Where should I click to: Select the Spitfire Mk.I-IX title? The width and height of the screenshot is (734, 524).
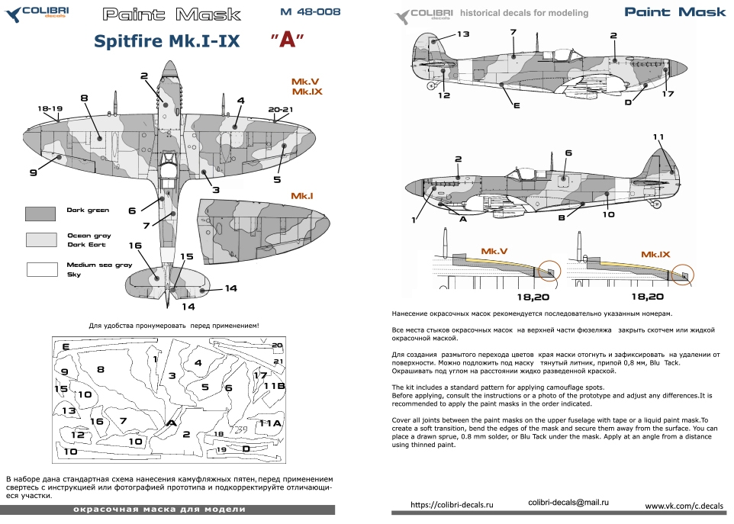167,42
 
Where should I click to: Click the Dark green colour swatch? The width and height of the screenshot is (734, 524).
40,214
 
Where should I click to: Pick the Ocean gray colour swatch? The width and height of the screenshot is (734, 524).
40,240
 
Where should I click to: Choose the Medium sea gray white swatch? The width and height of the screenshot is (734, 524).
40,268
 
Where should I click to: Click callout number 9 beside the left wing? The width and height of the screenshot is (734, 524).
34,173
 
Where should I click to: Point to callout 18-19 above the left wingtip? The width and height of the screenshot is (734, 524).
50,110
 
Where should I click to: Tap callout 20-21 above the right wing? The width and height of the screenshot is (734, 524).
281,110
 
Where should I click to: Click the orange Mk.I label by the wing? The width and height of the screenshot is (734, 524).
302,196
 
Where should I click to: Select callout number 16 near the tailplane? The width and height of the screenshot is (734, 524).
136,246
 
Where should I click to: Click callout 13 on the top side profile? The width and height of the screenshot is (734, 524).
463,34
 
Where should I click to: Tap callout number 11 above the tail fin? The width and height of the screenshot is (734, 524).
658,137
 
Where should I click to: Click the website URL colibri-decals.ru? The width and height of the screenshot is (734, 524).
452,505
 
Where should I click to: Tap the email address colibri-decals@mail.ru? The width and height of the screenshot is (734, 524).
568,502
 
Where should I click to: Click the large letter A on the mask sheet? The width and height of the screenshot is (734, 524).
172,423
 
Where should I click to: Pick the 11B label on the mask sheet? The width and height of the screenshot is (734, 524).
274,386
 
